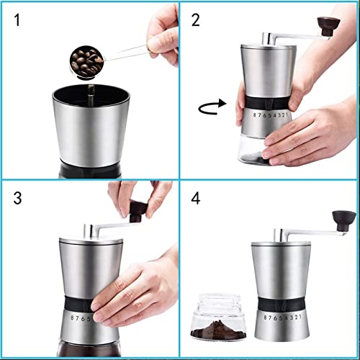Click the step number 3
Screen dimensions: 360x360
[x=15, y=197]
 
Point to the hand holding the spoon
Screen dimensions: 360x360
[x=162, y=32]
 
